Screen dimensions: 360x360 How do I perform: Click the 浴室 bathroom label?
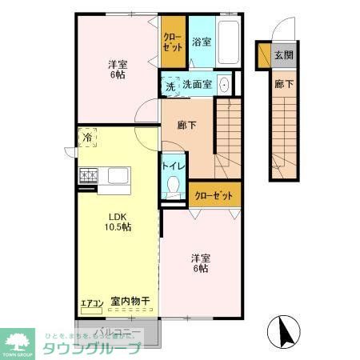(201, 42)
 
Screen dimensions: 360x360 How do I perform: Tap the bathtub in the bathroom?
(229, 41)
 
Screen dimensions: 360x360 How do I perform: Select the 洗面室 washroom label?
(197, 84)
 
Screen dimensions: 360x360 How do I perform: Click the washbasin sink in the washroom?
(225, 84)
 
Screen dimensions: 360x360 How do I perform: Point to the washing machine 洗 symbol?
(170, 85)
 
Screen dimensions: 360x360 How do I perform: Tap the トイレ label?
(174, 166)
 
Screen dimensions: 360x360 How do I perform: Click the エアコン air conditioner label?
(90, 303)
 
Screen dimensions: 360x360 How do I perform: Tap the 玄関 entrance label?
(283, 55)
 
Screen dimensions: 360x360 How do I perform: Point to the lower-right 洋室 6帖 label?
(201, 263)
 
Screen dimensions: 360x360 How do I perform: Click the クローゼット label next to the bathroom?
(172, 41)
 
